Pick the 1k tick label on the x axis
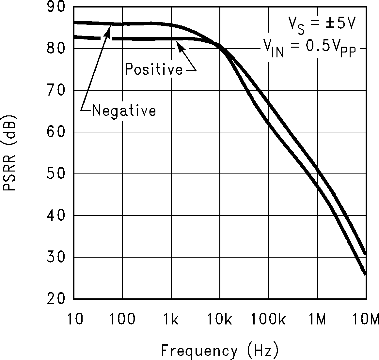[x=171, y=320]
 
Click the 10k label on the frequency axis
[x=219, y=320]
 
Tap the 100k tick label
[x=268, y=320]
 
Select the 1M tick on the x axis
[x=317, y=320]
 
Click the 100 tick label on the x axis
[x=122, y=320]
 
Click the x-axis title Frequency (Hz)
[x=220, y=351]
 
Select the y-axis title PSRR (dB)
[x=9, y=153]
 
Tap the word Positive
[x=154, y=69]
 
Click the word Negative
[x=124, y=111]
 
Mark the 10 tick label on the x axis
[x=75, y=320]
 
